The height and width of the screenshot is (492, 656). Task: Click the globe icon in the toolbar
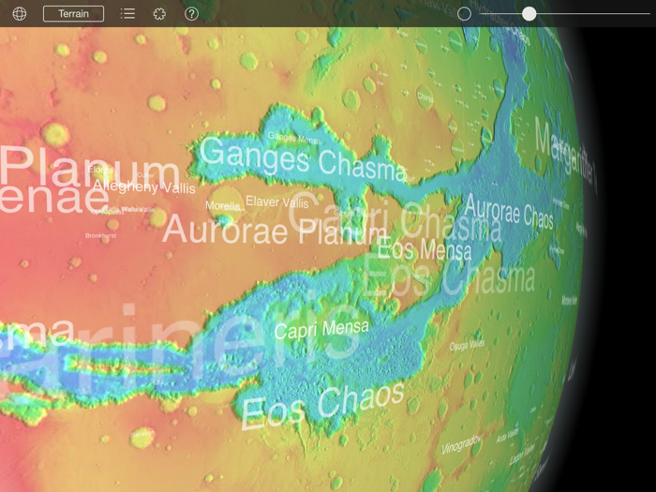click(x=19, y=14)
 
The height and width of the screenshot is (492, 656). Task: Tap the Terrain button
click(x=73, y=14)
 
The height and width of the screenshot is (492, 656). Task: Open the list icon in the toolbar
click(x=127, y=14)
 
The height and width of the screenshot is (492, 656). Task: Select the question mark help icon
click(x=191, y=14)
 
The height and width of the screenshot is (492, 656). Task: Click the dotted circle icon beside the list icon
click(x=159, y=14)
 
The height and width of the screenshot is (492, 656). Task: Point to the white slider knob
click(x=529, y=14)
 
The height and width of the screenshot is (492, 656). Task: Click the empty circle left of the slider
click(x=464, y=14)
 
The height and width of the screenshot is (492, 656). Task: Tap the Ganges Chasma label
click(x=302, y=158)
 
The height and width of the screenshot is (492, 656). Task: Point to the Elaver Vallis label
click(x=276, y=202)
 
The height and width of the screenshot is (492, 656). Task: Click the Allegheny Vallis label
click(x=143, y=187)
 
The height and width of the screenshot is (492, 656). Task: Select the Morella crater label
click(x=222, y=206)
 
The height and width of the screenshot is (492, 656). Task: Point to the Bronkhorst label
click(x=100, y=236)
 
